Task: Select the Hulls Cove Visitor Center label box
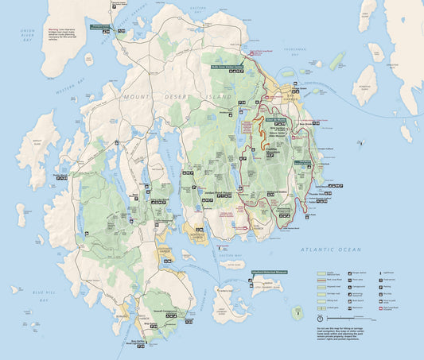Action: point(228,67)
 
